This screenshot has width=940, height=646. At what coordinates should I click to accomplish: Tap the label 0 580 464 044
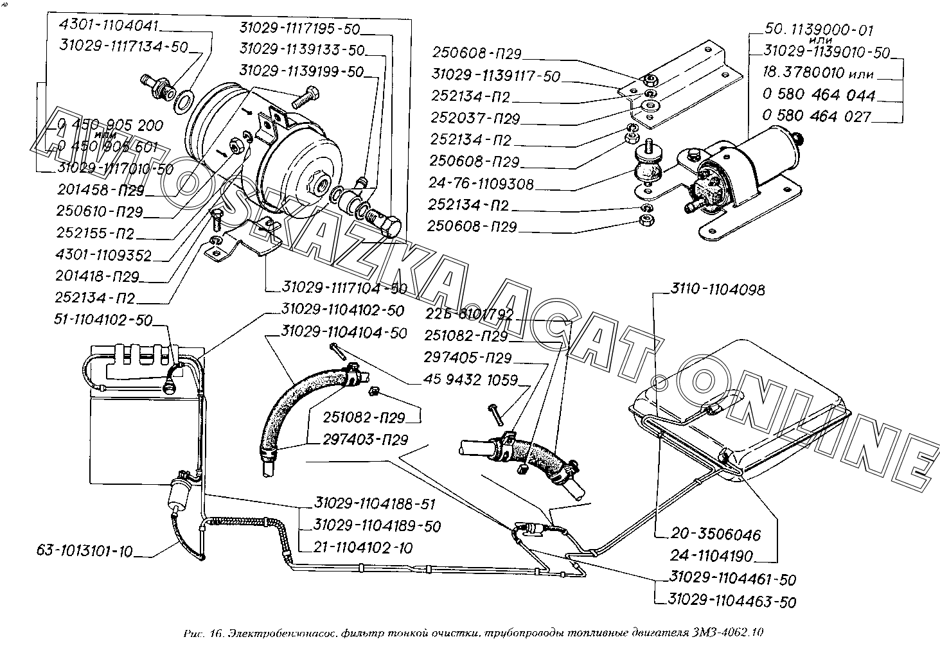coord(819,95)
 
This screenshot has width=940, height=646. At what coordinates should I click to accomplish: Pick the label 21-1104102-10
coord(363,548)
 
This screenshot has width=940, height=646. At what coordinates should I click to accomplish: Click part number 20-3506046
coord(715,534)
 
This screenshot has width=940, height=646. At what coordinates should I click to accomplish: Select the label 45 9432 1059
coord(470,380)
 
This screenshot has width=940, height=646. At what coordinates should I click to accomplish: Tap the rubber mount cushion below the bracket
coord(644,169)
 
